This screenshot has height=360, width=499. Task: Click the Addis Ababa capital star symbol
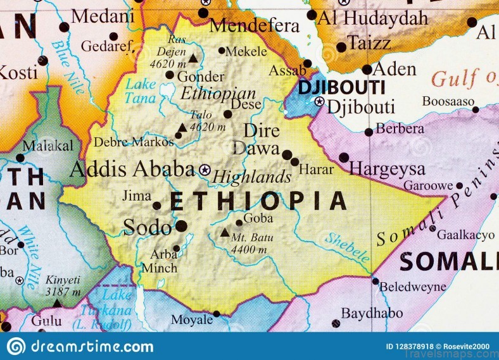pos(205,170)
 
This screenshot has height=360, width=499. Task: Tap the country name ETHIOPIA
pos(258,201)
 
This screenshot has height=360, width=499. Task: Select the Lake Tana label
pos(141,90)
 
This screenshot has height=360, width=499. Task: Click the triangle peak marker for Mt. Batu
pos(225,232)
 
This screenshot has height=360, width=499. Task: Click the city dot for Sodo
pos(182,225)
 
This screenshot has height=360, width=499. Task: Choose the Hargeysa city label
pos(387,169)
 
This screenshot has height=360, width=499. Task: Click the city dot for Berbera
pos(369,132)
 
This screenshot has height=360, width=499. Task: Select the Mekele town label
pos(247,51)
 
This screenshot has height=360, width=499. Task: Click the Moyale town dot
pos(217,313)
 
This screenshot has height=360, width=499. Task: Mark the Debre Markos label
pos(133,142)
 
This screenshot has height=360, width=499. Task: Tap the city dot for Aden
pos(367,70)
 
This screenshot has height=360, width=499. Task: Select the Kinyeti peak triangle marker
pos(58,303)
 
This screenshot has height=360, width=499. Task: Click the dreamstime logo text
pos(89,347)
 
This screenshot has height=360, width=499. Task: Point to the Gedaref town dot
pos(113,36)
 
